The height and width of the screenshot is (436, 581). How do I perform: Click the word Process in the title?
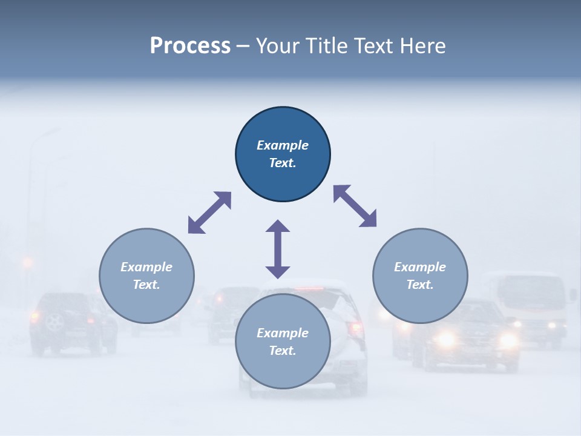[x=190, y=46]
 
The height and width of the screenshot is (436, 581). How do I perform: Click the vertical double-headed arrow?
[x=278, y=249]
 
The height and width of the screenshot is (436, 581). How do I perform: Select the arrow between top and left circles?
[x=209, y=213]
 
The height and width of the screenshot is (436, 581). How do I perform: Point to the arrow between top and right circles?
[x=355, y=206]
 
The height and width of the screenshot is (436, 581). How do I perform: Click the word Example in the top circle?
[x=283, y=145]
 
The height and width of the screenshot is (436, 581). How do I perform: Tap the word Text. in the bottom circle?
[x=283, y=351]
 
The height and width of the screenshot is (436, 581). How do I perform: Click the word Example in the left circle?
[x=146, y=267]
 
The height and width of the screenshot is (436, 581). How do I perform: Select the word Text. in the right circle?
[x=420, y=285]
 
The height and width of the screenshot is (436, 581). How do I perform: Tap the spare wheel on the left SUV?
[x=55, y=322]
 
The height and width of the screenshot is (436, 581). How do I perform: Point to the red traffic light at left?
[x=27, y=262]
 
